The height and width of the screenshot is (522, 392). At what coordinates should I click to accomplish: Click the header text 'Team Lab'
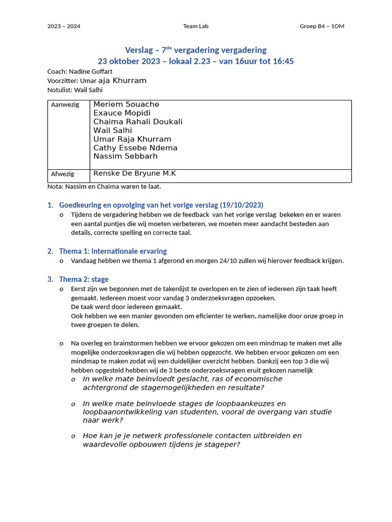click(x=195, y=27)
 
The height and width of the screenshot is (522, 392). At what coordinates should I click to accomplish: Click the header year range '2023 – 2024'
click(x=64, y=27)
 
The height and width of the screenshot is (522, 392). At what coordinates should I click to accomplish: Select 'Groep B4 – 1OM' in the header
click(x=322, y=27)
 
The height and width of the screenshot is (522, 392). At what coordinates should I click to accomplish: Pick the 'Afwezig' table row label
click(x=62, y=174)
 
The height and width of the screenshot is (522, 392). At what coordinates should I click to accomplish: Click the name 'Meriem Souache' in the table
click(x=126, y=105)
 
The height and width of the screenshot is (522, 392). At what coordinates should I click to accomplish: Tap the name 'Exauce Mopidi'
click(x=122, y=113)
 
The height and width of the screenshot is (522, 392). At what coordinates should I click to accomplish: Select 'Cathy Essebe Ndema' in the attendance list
click(x=135, y=148)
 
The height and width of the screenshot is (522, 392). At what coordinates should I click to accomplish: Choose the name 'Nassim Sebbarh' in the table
click(x=126, y=156)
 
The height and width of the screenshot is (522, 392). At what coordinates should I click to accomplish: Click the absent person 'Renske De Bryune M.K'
click(x=134, y=174)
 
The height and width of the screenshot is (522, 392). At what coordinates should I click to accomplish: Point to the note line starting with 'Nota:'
click(x=104, y=187)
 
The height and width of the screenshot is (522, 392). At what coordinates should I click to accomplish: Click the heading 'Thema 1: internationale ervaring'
click(x=113, y=251)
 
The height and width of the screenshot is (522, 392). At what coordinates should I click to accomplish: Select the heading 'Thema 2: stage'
click(x=84, y=279)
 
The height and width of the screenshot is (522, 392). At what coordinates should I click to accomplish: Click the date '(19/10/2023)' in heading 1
click(x=241, y=205)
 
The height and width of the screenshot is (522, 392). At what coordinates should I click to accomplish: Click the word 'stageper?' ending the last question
click(x=222, y=445)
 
